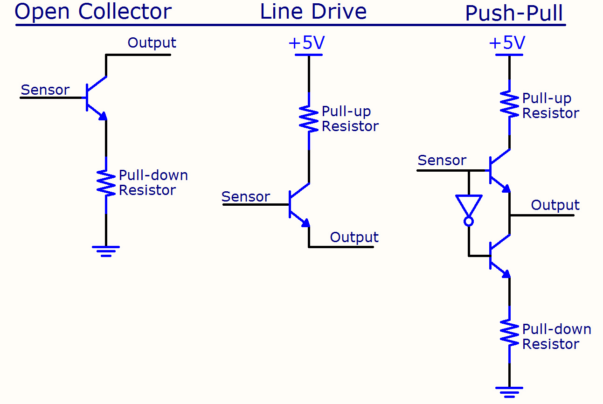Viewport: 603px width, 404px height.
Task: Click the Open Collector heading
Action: click(93, 12)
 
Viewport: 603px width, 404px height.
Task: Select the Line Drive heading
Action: click(313, 12)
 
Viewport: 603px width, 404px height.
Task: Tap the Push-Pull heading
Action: click(514, 14)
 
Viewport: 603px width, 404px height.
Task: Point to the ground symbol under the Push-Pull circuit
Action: click(509, 391)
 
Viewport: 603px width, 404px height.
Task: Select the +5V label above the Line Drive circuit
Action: click(306, 43)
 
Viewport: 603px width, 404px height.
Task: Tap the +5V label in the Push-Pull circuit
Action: click(507, 43)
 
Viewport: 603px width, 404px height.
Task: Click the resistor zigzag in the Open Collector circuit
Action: click(106, 183)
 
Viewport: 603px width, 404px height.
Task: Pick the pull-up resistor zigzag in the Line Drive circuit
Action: click(309, 119)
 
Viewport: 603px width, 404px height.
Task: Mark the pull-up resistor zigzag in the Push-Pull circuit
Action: click(509, 106)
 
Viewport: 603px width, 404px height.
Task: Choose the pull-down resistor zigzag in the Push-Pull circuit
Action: click(509, 333)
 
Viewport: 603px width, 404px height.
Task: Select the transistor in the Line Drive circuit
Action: click(298, 204)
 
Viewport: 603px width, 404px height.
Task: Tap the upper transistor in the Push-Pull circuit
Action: click(499, 170)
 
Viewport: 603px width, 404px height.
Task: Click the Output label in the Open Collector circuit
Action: click(152, 43)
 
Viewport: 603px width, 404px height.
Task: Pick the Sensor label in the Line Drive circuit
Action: click(246, 197)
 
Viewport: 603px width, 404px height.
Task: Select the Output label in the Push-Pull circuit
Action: click(555, 205)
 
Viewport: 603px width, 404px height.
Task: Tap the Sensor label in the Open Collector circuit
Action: click(45, 90)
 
